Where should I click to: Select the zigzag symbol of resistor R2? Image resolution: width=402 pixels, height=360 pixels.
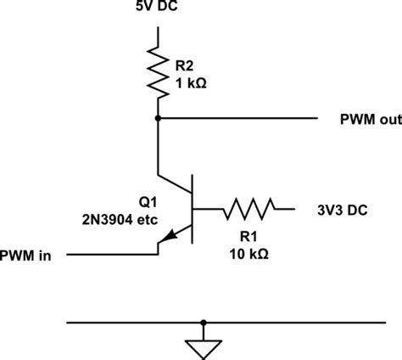(158, 71)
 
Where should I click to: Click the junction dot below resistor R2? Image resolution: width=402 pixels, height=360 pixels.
(158, 119)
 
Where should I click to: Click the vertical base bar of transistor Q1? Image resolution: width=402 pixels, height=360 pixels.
(193, 208)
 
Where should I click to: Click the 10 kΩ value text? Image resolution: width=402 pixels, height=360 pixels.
(248, 253)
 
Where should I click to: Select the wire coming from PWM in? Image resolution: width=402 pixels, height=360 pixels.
(110, 254)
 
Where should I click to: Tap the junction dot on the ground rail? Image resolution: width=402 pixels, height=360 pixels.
(204, 322)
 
